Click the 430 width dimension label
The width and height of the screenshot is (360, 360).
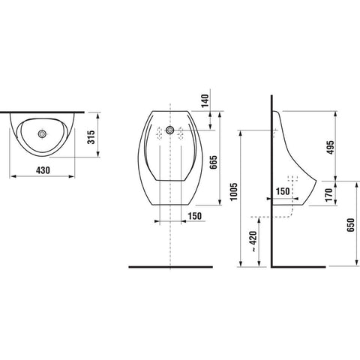point(43,170)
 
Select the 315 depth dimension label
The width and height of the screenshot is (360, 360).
point(91,137)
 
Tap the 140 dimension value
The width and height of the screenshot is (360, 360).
point(205,100)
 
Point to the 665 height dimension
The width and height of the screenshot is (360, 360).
point(214,162)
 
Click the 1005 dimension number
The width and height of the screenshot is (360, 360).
point(233,192)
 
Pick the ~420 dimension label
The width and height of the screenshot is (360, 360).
point(253,241)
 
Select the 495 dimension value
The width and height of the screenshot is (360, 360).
point(331,148)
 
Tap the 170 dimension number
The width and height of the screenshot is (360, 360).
point(329,195)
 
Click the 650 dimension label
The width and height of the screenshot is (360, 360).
point(351,225)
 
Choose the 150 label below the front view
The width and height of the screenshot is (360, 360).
point(195,216)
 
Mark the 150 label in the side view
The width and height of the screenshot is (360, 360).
point(283,191)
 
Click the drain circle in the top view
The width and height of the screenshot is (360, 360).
point(43,134)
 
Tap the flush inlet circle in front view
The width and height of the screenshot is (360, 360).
point(170,130)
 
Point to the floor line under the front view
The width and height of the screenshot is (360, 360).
point(171,267)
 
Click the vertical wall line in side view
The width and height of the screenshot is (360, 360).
point(271,181)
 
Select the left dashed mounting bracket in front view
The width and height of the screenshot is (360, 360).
point(159,133)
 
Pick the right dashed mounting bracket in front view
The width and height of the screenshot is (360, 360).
point(181,133)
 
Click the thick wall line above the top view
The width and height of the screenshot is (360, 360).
point(42,112)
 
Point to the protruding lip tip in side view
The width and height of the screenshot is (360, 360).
point(316,181)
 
